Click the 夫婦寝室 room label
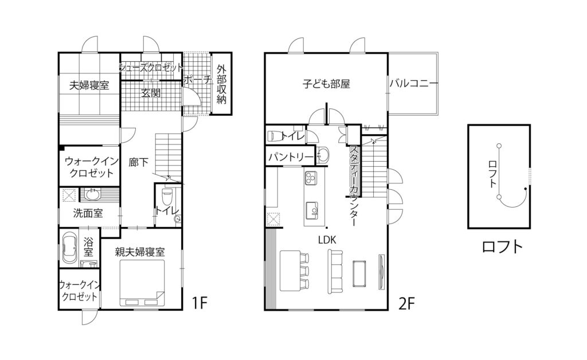(89, 85)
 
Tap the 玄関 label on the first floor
(151, 92)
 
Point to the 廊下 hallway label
(139, 163)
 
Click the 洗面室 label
(88, 213)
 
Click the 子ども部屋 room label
(326, 84)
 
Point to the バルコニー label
(414, 84)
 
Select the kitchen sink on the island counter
(313, 208)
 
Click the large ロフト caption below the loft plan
(503, 247)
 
